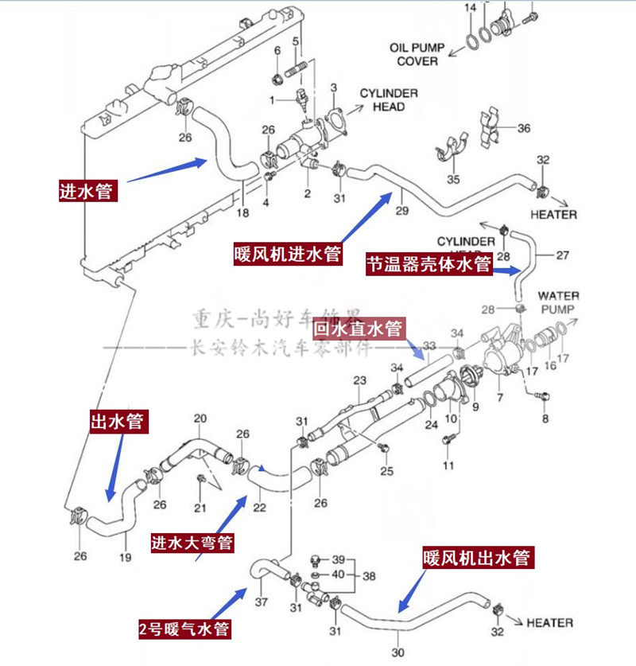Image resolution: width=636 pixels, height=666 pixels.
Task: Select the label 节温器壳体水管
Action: pyautogui.click(x=429, y=264)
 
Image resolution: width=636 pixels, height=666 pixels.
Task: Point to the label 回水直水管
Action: pyautogui.click(x=359, y=328)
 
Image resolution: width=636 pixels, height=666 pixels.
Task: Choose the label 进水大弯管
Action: pyautogui.click(x=192, y=543)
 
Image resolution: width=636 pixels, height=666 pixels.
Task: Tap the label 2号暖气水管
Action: pyautogui.click(x=184, y=630)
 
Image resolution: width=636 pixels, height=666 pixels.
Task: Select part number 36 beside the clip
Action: pyautogui.click(x=523, y=128)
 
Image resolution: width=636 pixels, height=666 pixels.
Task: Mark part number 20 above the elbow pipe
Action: pyautogui.click(x=200, y=419)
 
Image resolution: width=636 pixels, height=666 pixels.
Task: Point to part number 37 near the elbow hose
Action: pyautogui.click(x=262, y=601)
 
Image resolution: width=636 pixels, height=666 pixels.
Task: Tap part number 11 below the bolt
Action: pyautogui.click(x=448, y=465)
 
